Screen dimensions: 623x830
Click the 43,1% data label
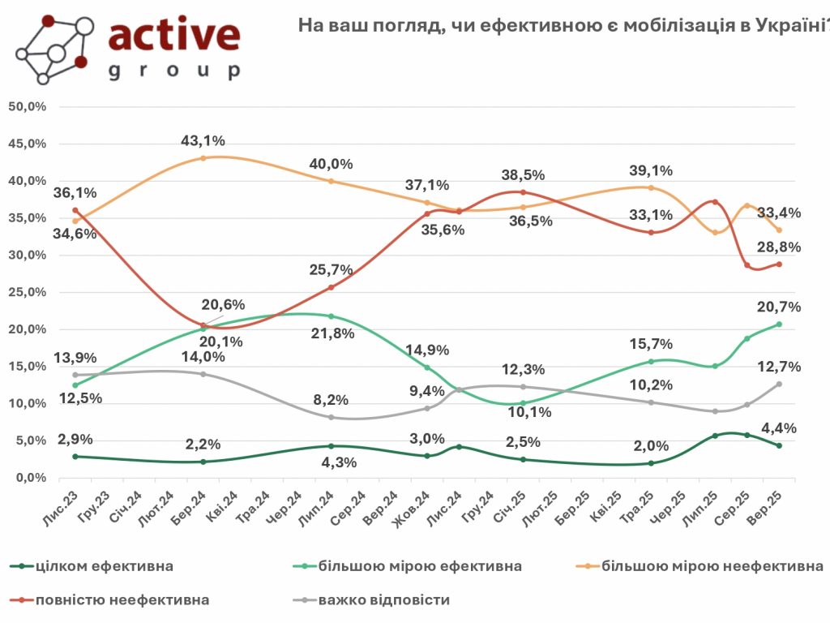point(203,141)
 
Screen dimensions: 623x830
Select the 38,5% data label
point(524,175)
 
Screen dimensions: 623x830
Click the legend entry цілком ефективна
point(105,565)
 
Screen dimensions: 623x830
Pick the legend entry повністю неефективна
point(122,600)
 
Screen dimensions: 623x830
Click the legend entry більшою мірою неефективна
point(713,565)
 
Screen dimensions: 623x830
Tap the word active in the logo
point(173,36)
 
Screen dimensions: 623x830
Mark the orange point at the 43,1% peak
point(203,158)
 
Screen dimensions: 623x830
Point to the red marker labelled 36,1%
point(75,210)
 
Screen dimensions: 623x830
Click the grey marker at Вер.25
point(779,384)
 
